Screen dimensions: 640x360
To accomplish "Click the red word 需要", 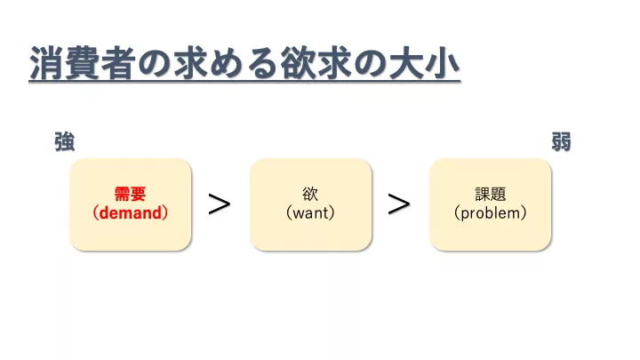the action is [x=130, y=195].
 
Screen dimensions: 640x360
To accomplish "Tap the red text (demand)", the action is [x=130, y=213].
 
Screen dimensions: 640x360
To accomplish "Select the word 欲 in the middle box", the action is [x=310, y=195].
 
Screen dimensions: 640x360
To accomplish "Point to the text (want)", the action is [x=310, y=213].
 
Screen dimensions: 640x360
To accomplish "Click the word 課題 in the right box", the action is [x=490, y=195].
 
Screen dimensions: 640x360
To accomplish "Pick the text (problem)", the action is [x=490, y=213].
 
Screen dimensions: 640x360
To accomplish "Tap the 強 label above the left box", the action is [x=65, y=142].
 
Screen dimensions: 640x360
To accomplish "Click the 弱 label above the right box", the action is [x=561, y=142].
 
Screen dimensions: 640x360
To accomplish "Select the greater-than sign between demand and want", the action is [x=220, y=204].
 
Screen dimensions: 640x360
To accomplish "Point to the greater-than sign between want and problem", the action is [x=399, y=204].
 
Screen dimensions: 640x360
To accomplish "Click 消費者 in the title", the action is [x=83, y=63].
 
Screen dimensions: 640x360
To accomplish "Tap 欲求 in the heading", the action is [x=316, y=63].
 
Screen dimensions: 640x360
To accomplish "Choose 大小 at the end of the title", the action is [x=425, y=63].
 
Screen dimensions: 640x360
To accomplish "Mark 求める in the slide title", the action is [x=226, y=63].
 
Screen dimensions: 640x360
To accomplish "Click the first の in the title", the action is [x=155, y=64].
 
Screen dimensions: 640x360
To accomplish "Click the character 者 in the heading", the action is [x=118, y=63].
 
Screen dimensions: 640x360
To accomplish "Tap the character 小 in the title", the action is [x=443, y=63].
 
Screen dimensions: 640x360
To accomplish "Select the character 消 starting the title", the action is [x=46, y=63].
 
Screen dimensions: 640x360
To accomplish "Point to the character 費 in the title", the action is [x=83, y=63].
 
